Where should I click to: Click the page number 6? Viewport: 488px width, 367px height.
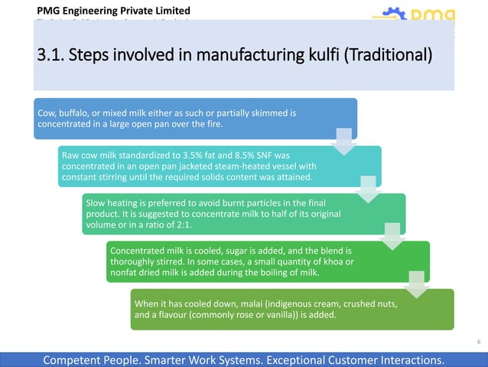point(479,342)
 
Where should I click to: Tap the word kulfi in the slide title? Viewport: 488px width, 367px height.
point(294,56)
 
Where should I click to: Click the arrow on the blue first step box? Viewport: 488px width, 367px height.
point(343,140)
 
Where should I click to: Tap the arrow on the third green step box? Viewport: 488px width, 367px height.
point(392,235)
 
